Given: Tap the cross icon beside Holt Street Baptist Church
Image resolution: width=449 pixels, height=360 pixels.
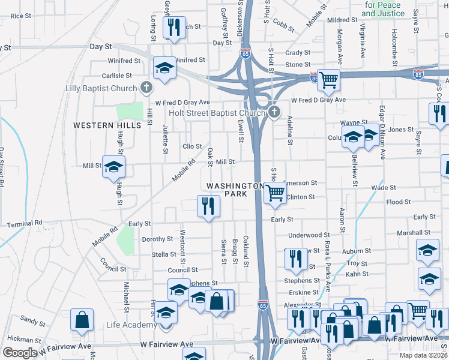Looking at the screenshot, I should click(274, 112).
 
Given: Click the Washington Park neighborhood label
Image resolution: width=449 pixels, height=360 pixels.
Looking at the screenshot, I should click(234, 190).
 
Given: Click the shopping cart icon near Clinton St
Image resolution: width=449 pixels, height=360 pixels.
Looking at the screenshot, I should click(275, 194).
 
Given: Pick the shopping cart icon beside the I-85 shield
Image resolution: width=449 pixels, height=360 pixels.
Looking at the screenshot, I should click(328, 80).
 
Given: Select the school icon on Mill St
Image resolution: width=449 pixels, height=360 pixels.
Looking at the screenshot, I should click(113, 168).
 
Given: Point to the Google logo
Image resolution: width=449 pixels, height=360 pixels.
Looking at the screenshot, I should click(19, 353).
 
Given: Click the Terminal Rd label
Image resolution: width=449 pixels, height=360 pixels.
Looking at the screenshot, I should click(25, 224).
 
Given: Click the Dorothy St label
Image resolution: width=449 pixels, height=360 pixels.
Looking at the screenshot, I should click(157, 239).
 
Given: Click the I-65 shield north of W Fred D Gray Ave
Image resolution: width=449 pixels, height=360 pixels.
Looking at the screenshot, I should click(245, 53).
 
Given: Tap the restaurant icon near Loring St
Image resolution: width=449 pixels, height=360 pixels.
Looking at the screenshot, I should click(174, 27).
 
